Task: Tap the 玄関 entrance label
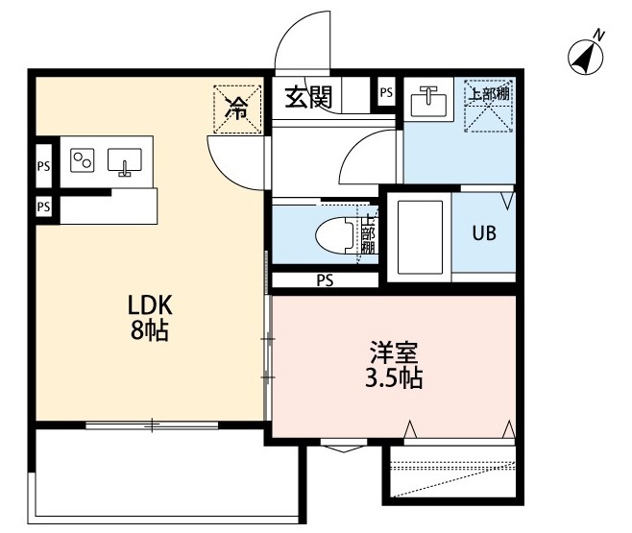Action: point(307,96)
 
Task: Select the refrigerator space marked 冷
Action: point(235,109)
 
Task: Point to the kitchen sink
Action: point(124,162)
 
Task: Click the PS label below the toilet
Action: point(325,280)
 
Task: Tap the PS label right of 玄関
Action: point(386,93)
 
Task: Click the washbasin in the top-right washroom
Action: point(427,100)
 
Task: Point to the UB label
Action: point(482,234)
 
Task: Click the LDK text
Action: point(150,305)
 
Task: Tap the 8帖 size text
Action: point(150,332)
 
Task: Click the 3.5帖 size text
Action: point(393,377)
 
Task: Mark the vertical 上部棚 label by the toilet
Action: point(368,235)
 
